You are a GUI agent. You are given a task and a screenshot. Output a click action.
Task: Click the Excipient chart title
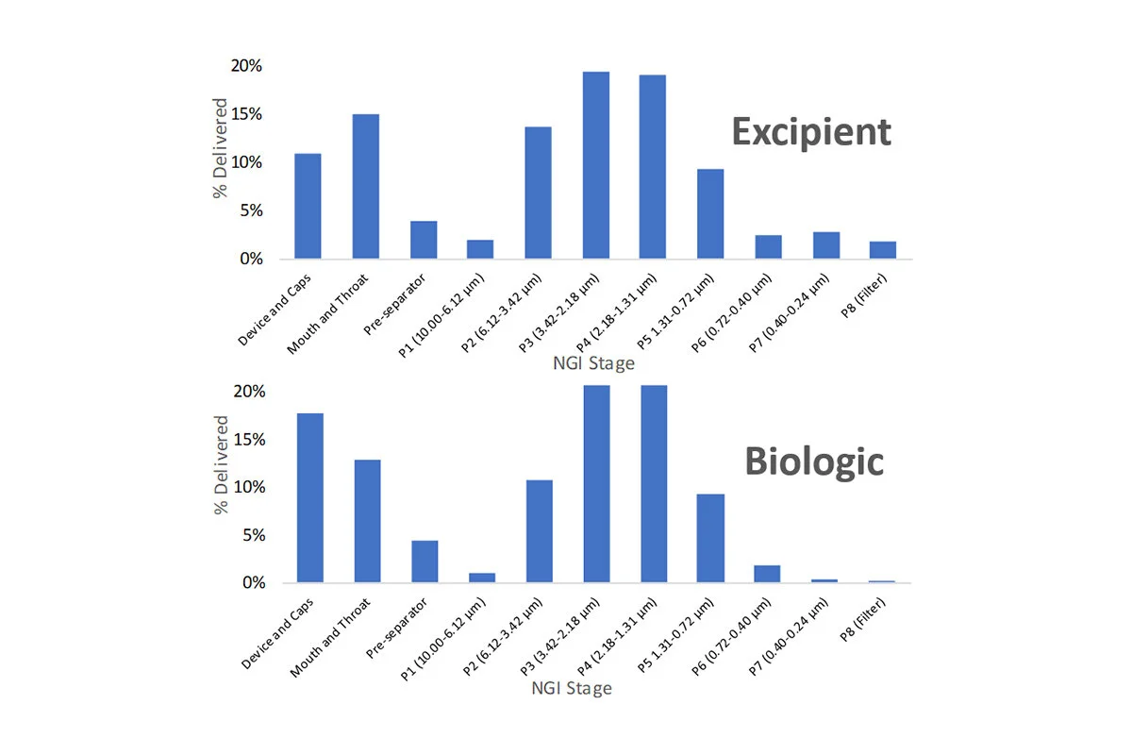(811, 132)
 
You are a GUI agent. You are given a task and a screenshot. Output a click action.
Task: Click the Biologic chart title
(814, 461)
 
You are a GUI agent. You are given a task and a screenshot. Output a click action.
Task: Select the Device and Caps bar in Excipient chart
(308, 206)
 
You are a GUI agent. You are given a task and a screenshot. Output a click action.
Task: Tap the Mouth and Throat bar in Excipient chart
(365, 186)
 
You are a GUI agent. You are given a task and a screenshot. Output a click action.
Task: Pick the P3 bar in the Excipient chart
(595, 165)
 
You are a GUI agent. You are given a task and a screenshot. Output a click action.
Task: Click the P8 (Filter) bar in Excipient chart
(883, 250)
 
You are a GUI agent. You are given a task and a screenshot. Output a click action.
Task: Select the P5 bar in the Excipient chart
(710, 213)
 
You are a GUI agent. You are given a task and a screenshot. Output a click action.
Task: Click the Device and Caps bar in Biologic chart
(310, 498)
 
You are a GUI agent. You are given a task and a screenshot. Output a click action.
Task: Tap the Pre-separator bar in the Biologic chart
(424, 562)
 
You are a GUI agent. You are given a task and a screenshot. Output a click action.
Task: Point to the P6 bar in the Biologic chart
(768, 574)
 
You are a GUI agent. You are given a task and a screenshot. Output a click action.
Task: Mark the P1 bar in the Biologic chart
(482, 578)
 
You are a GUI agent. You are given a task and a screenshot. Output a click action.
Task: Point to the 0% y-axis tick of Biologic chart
(249, 583)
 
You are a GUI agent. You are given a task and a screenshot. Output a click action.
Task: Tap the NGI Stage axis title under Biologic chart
(572, 688)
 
